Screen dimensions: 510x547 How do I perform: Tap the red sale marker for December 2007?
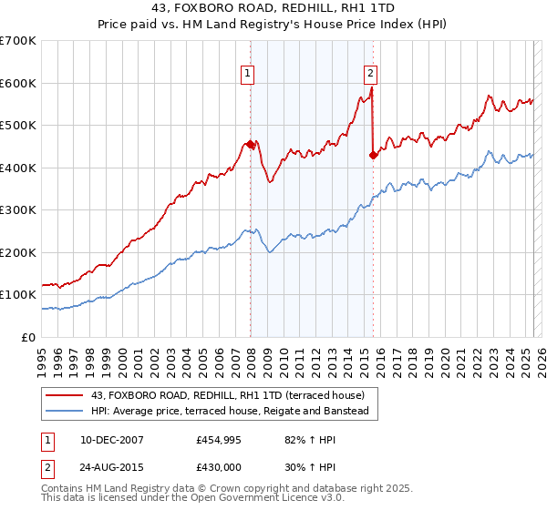pos(250,144)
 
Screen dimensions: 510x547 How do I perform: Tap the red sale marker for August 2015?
pos(373,155)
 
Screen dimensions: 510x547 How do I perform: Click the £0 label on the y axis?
pos(29,337)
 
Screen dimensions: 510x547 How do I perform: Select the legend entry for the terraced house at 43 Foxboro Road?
pos(227,395)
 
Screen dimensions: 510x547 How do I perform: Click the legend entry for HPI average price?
pos(229,412)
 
